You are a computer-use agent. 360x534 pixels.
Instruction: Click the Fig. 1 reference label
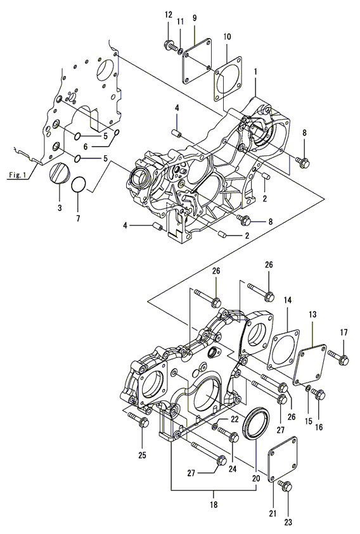pos(17,175)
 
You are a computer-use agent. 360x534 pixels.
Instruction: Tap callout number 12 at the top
pos(169,15)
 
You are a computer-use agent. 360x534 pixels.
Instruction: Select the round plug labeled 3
pos(60,173)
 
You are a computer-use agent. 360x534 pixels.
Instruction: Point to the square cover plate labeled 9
pos(196,61)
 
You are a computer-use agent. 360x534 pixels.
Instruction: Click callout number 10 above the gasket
pos(228,37)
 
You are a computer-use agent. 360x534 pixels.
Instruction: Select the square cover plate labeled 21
pos(283,459)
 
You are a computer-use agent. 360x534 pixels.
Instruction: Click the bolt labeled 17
pos(339,358)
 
